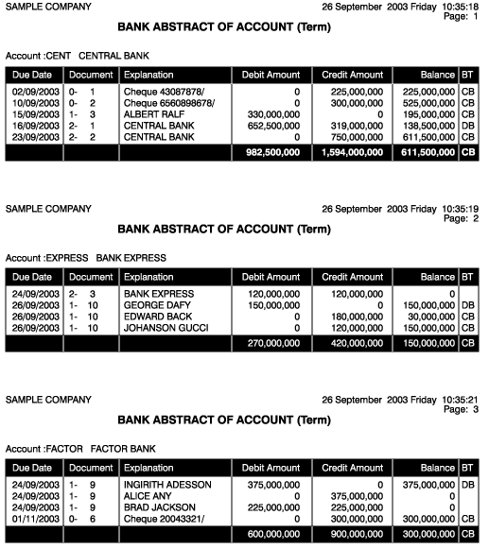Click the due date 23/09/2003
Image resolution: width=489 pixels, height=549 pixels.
[x=33, y=136]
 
